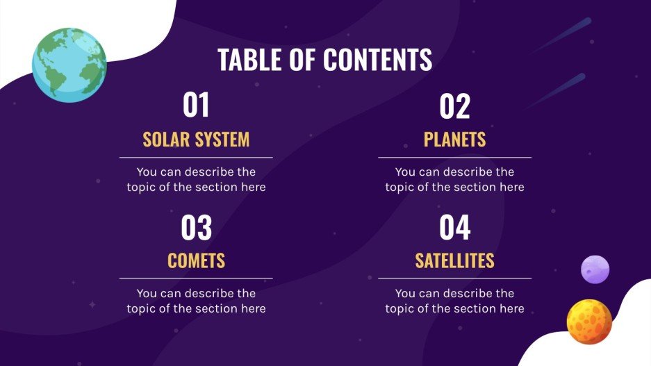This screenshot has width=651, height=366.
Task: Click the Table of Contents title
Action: click(x=324, y=60)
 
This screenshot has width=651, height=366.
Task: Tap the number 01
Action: click(x=196, y=106)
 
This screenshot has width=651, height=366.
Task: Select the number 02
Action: click(x=454, y=106)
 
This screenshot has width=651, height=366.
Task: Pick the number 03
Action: click(x=196, y=228)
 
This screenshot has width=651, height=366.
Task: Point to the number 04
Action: click(x=454, y=228)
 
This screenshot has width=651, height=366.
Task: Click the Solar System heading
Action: click(x=196, y=140)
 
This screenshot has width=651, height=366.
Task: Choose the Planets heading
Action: click(x=454, y=140)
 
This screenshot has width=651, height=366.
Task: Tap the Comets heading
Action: click(x=196, y=261)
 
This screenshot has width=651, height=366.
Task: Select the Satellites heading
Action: click(x=454, y=261)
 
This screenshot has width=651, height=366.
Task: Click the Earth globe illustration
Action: click(x=69, y=65)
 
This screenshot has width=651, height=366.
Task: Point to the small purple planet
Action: click(x=595, y=269)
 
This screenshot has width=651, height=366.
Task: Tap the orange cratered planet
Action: click(x=589, y=322)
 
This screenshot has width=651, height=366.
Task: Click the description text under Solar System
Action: click(x=196, y=179)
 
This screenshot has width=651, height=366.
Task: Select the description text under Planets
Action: click(x=454, y=179)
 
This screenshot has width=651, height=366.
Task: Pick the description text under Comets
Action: click(x=196, y=301)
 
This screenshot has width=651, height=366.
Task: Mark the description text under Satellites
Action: click(x=454, y=301)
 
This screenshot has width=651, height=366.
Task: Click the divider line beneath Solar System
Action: click(x=196, y=158)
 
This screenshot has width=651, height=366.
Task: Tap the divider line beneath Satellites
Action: click(x=454, y=278)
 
